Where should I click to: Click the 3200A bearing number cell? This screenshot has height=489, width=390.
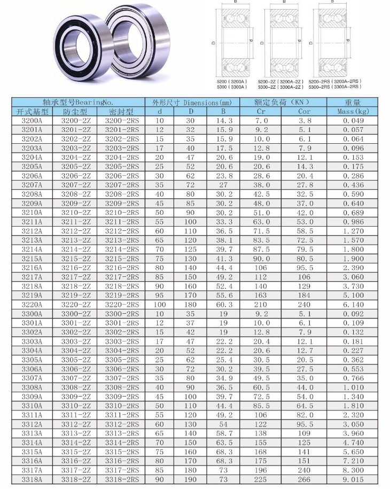coord(32,121)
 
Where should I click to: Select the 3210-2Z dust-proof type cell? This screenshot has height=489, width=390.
coord(76,213)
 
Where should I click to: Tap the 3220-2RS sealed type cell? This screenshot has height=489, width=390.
coord(122,305)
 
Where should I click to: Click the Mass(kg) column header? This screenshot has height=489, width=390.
coord(353,111)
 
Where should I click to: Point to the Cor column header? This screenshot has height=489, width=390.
coord(304,111)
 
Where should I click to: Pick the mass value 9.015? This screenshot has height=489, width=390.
coord(353,479)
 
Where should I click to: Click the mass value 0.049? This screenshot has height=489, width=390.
coord(353,121)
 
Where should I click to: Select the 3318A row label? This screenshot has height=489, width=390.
coord(32,479)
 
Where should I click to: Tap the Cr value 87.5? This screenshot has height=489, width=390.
coord(261,250)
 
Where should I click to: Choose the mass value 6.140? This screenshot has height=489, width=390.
coord(353,305)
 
